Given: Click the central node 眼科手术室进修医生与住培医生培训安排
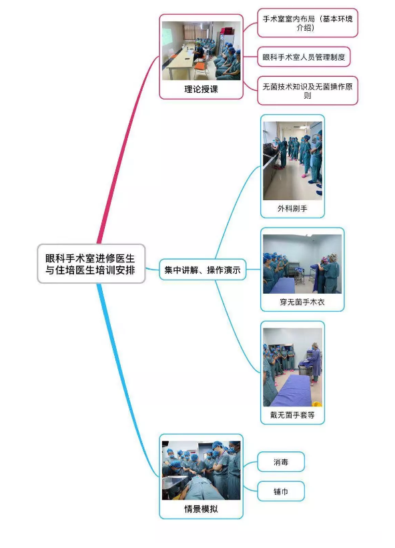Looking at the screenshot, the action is coord(91,264).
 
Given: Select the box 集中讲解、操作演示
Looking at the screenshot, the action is coord(203,270).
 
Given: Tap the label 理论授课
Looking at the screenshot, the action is coord(201,89).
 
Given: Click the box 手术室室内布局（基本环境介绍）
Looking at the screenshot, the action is coord(308,23).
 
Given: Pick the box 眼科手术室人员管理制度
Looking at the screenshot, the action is coord(304,57).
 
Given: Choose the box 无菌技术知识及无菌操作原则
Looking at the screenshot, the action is coord(308,91).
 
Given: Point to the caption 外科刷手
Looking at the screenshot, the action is coord(293,209).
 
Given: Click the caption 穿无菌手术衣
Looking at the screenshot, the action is coord(302,302).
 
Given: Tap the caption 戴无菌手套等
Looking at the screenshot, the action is coord(293,415).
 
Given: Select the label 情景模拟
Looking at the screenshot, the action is coord(201,509).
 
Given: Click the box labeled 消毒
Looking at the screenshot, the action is coord(281,462).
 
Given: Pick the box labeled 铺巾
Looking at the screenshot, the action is coord(281,491).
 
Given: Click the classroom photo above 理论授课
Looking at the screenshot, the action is coord(201,51).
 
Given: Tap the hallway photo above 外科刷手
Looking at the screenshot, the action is coord(293,160).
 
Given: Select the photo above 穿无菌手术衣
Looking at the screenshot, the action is coord(302,264).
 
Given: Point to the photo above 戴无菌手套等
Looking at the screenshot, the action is coord(293,367).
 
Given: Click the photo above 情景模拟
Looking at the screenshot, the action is coord(201,471).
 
